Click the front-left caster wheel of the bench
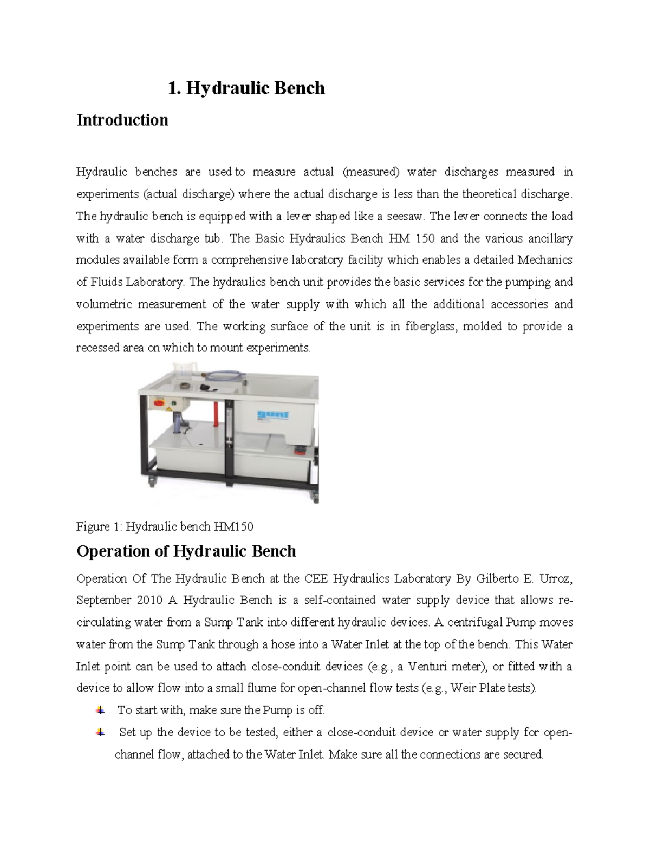click(x=152, y=479)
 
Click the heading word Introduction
click(x=122, y=120)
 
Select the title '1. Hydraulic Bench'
click(x=246, y=88)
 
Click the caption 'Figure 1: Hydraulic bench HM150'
click(x=165, y=526)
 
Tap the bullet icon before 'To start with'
click(x=100, y=710)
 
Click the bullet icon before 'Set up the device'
click(x=100, y=732)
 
